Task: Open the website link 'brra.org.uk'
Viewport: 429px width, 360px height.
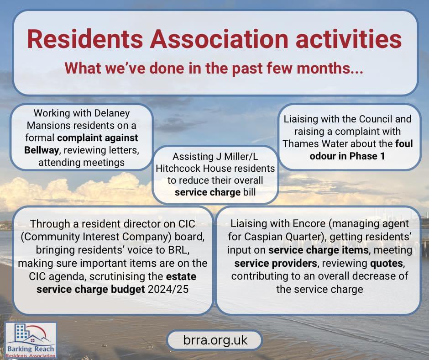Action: coord(214,341)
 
